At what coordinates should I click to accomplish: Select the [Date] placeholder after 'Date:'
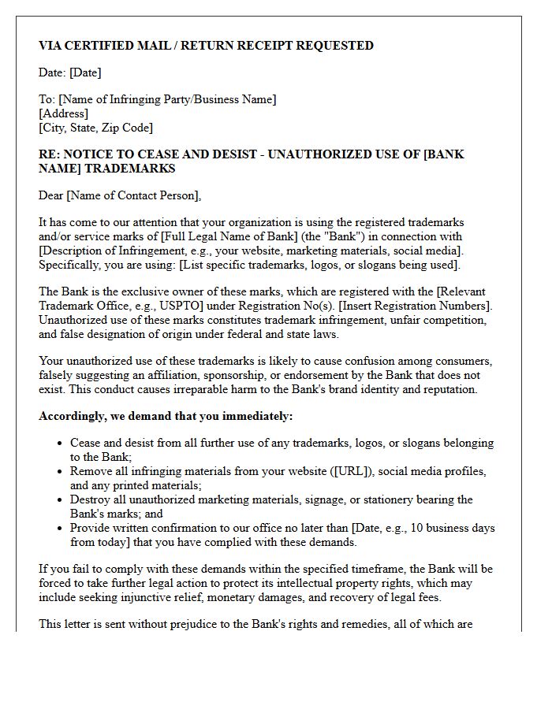(x=85, y=72)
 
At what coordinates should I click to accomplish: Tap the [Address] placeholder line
(x=63, y=113)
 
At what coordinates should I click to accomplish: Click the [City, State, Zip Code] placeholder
(x=95, y=128)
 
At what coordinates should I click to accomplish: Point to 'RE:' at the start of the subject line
(x=49, y=154)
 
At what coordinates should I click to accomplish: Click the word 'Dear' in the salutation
(x=51, y=195)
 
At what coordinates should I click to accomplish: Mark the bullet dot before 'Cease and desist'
(x=59, y=444)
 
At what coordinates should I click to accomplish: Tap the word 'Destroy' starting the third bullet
(x=91, y=499)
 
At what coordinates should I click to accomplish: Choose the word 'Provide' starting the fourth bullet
(x=91, y=528)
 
